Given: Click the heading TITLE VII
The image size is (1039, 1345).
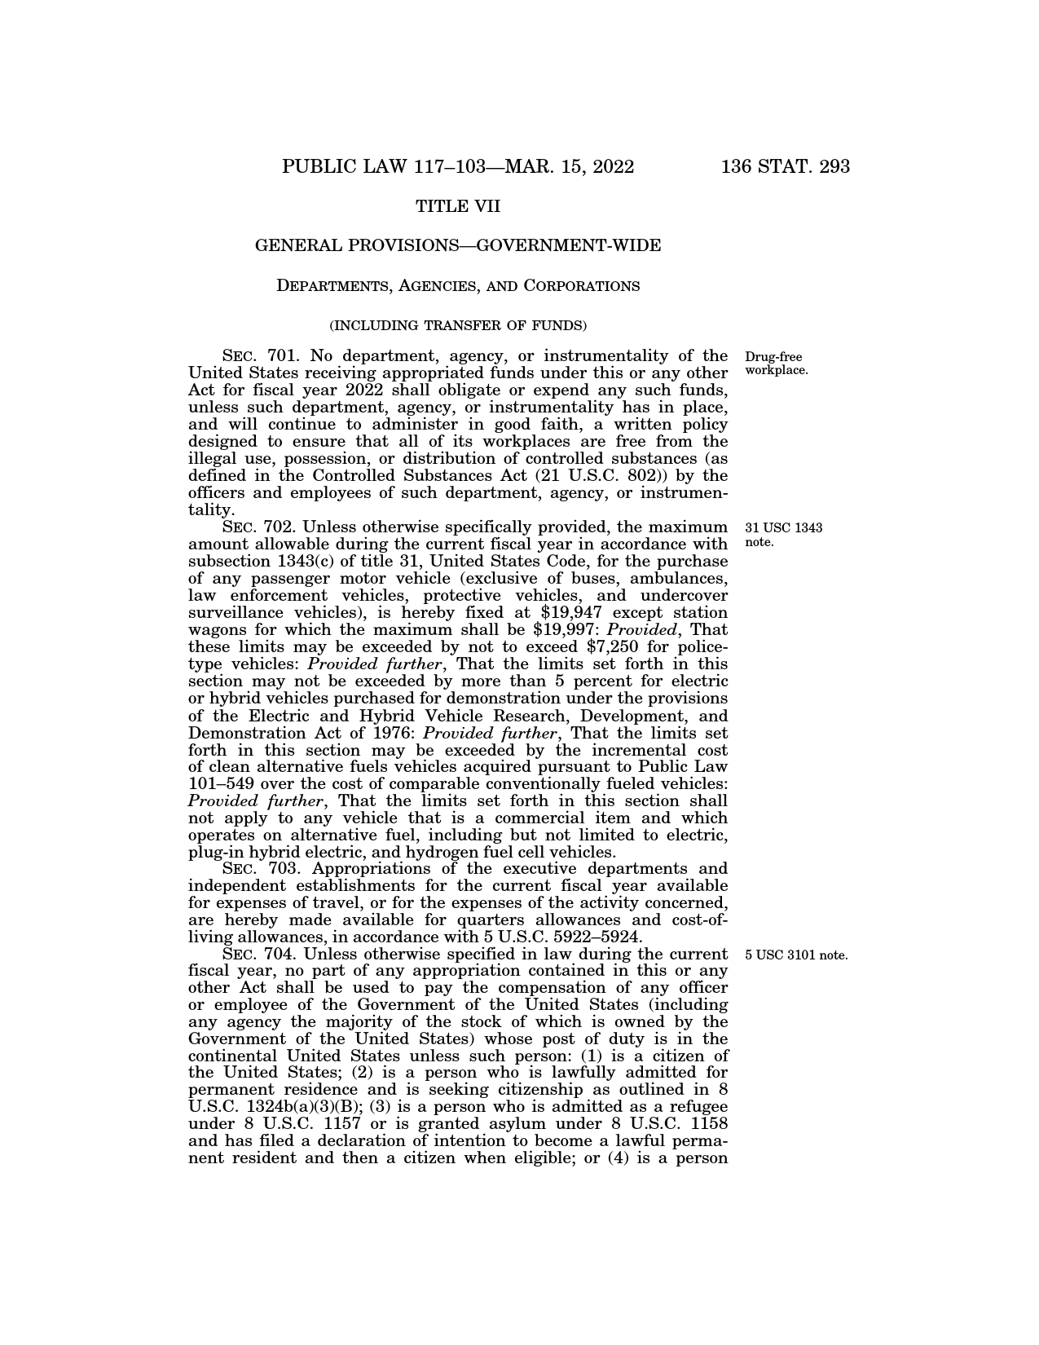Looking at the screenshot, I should tap(458, 207).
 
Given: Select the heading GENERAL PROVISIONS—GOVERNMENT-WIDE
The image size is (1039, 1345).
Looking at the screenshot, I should tap(458, 245).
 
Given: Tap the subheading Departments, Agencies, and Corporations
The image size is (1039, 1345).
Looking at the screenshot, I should tap(458, 286).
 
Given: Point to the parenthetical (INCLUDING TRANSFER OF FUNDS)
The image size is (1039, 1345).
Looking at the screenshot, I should tap(458, 325).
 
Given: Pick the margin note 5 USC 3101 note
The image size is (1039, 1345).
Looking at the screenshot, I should tap(796, 955).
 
